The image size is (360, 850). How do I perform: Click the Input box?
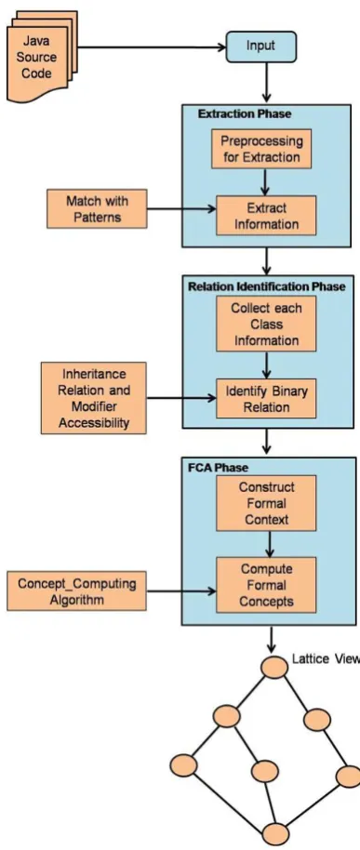coord(261,46)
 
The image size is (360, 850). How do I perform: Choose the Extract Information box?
coord(266,215)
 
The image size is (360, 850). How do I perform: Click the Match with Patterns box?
coord(97,208)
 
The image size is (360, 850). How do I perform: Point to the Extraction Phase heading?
coord(245,113)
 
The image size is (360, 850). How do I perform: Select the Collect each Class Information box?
coord(266,325)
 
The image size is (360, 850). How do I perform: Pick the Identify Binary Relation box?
coord(266,398)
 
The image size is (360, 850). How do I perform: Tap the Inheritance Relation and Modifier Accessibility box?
coord(94,398)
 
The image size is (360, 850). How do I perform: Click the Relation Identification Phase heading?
coord(266,286)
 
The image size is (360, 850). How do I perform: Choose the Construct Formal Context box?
coord(266,503)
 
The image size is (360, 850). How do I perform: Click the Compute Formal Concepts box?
coord(266,585)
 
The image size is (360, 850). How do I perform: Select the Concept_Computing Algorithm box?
coord(77,591)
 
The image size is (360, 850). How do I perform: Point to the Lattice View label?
coord(326,659)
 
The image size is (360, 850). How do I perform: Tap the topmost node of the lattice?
coord(273,666)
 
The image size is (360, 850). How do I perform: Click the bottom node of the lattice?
coord(276,834)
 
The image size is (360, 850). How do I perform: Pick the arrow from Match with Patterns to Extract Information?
coord(181,208)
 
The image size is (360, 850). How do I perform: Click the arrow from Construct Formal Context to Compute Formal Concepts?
coord(266,544)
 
